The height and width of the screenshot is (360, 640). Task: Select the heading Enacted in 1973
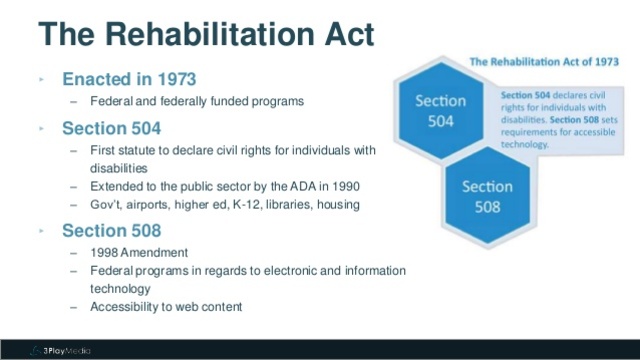[x=129, y=79]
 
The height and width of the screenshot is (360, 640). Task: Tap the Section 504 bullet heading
[x=111, y=128]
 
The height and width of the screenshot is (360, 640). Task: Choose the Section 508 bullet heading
[x=111, y=231]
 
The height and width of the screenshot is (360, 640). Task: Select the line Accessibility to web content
[x=168, y=307]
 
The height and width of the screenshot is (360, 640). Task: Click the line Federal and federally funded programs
[x=196, y=102]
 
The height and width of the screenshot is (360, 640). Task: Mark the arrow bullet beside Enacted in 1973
[x=42, y=79]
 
